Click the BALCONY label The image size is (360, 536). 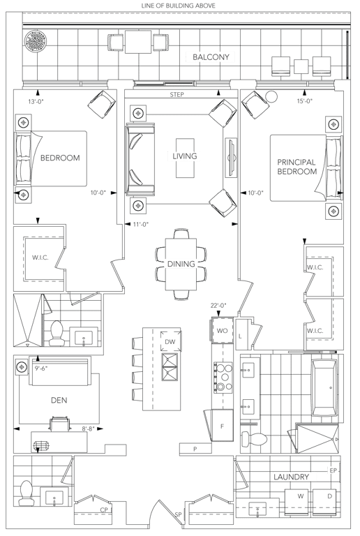coord(211,57)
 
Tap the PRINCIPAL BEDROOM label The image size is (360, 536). coord(297,167)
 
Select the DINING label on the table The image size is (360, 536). coord(181,264)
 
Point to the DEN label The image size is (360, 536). coord(59,400)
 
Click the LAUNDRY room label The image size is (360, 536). coord(291,477)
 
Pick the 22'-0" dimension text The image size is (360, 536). coord(218,305)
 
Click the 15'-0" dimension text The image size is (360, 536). coord(305,100)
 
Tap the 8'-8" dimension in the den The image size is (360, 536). coord(88,429)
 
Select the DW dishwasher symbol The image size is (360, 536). coord(171,341)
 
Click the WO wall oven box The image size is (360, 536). coord(223,331)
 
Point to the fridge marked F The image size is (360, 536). coord(223,426)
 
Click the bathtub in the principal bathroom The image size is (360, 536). coord(324,387)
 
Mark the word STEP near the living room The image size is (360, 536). coord(177,95)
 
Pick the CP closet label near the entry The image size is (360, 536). coord(104,510)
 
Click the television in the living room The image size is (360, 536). coord(232,158)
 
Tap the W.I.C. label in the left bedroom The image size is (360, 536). coord(40,258)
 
